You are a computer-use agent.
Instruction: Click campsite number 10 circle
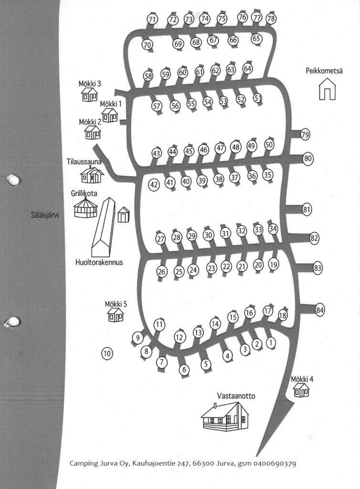[107, 354]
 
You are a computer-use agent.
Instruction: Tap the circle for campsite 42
[154, 185]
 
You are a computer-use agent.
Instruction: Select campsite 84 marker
[320, 310]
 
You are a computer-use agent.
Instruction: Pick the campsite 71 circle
[152, 20]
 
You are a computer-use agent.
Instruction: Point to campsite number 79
[306, 135]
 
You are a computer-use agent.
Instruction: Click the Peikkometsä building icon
[328, 89]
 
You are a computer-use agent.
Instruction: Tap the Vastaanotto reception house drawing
[225, 416]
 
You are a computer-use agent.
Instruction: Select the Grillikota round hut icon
[86, 207]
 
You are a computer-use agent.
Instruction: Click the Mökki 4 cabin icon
[301, 390]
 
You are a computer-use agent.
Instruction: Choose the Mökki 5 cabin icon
[116, 315]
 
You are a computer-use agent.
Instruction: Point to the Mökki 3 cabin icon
[89, 94]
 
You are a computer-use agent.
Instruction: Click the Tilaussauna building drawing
[92, 175]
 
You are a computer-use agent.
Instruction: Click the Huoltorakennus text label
[99, 262]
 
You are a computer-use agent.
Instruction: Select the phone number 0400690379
[275, 463]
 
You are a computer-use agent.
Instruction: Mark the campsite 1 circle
[271, 343]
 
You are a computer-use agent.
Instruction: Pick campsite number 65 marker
[256, 39]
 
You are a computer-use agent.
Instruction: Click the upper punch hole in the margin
[14, 180]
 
